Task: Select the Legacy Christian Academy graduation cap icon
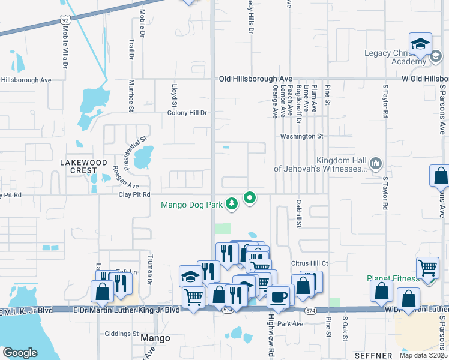[421, 44]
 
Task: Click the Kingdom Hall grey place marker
[376, 163]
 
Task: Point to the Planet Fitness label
[392, 278]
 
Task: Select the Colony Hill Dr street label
[187, 112]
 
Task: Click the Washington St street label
[301, 136]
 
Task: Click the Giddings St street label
[122, 334]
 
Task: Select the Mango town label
[155, 338]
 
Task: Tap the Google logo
[20, 353]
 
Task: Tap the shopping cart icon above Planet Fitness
[427, 268]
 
